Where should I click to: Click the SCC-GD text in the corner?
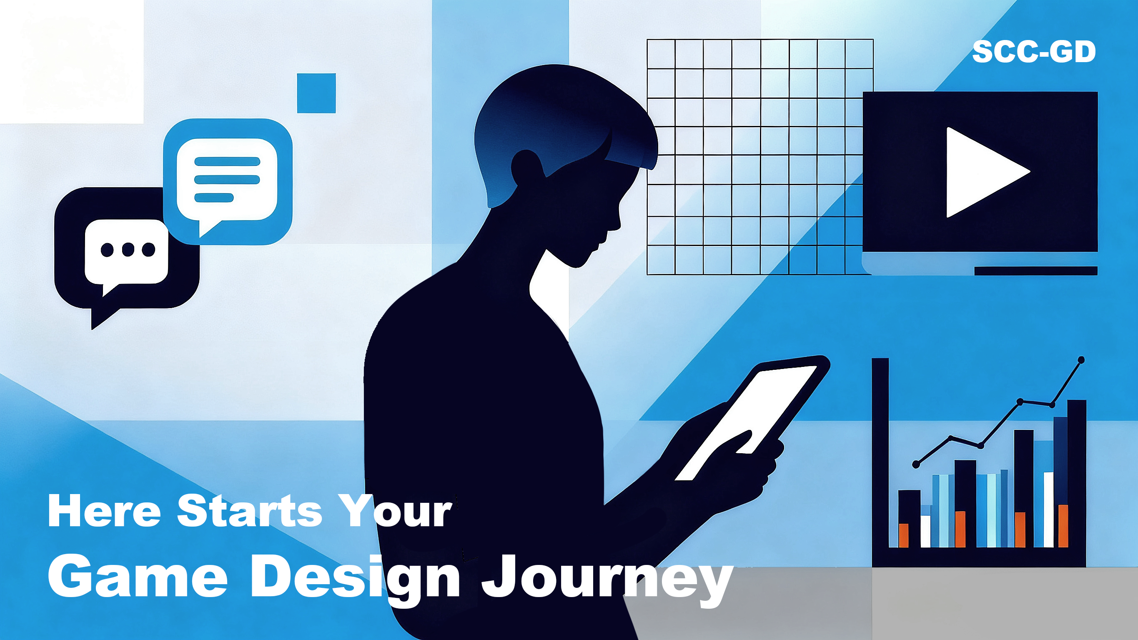pyautogui.click(x=1034, y=52)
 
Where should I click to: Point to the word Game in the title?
pyautogui.click(x=138, y=576)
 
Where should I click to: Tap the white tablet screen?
pyautogui.click(x=747, y=422)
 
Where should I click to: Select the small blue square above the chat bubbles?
pyautogui.click(x=316, y=93)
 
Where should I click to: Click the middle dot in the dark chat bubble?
pyautogui.click(x=128, y=250)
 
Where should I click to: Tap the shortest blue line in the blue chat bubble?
pyautogui.click(x=214, y=198)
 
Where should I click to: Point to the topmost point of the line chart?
pyautogui.click(x=1081, y=360)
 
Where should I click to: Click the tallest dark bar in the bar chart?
pyautogui.click(x=1077, y=473)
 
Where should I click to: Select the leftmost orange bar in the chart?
pyautogui.click(x=903, y=535)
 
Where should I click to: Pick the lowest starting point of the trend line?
pyautogui.click(x=916, y=464)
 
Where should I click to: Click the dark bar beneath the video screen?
pyautogui.click(x=1036, y=271)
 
